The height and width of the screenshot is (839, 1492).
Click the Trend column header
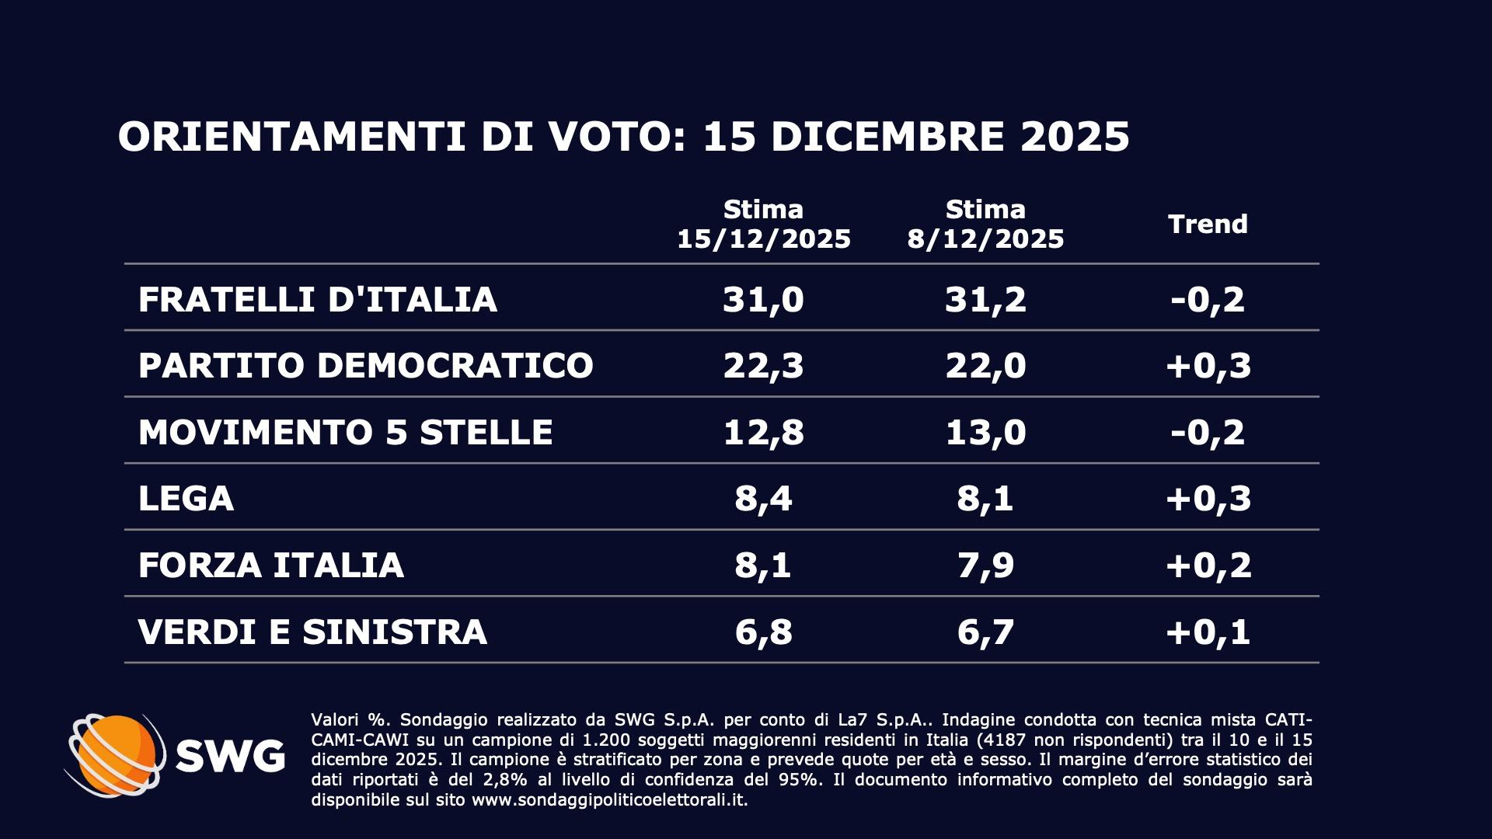tap(1208, 225)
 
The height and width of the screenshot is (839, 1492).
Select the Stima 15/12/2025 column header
tap(764, 225)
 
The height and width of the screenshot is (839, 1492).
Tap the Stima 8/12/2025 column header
tap(985, 225)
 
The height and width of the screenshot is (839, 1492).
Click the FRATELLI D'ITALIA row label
tap(317, 300)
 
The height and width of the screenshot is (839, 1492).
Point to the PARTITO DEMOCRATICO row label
tap(365, 366)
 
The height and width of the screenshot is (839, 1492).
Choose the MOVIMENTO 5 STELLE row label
tap(345, 433)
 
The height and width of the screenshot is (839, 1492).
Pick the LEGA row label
tap(186, 499)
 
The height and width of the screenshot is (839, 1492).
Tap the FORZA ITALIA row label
tap(270, 566)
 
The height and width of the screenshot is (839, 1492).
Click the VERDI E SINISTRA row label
tap(312, 632)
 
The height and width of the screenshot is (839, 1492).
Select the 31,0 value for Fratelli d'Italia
tap(763, 300)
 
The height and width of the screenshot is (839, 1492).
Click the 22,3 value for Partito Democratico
tap(763, 366)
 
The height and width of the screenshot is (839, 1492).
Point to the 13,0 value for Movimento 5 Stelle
tap(985, 433)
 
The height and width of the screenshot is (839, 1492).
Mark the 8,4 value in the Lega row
tap(763, 499)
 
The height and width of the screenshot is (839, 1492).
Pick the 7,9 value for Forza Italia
tap(985, 566)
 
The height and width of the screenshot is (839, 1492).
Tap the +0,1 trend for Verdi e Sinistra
tap(1208, 632)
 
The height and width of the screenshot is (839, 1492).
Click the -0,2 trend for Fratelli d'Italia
tap(1208, 300)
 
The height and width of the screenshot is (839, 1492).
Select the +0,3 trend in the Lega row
tap(1208, 499)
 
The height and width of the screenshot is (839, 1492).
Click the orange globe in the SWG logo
tap(117, 754)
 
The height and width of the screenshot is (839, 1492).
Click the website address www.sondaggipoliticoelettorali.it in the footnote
tap(609, 800)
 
